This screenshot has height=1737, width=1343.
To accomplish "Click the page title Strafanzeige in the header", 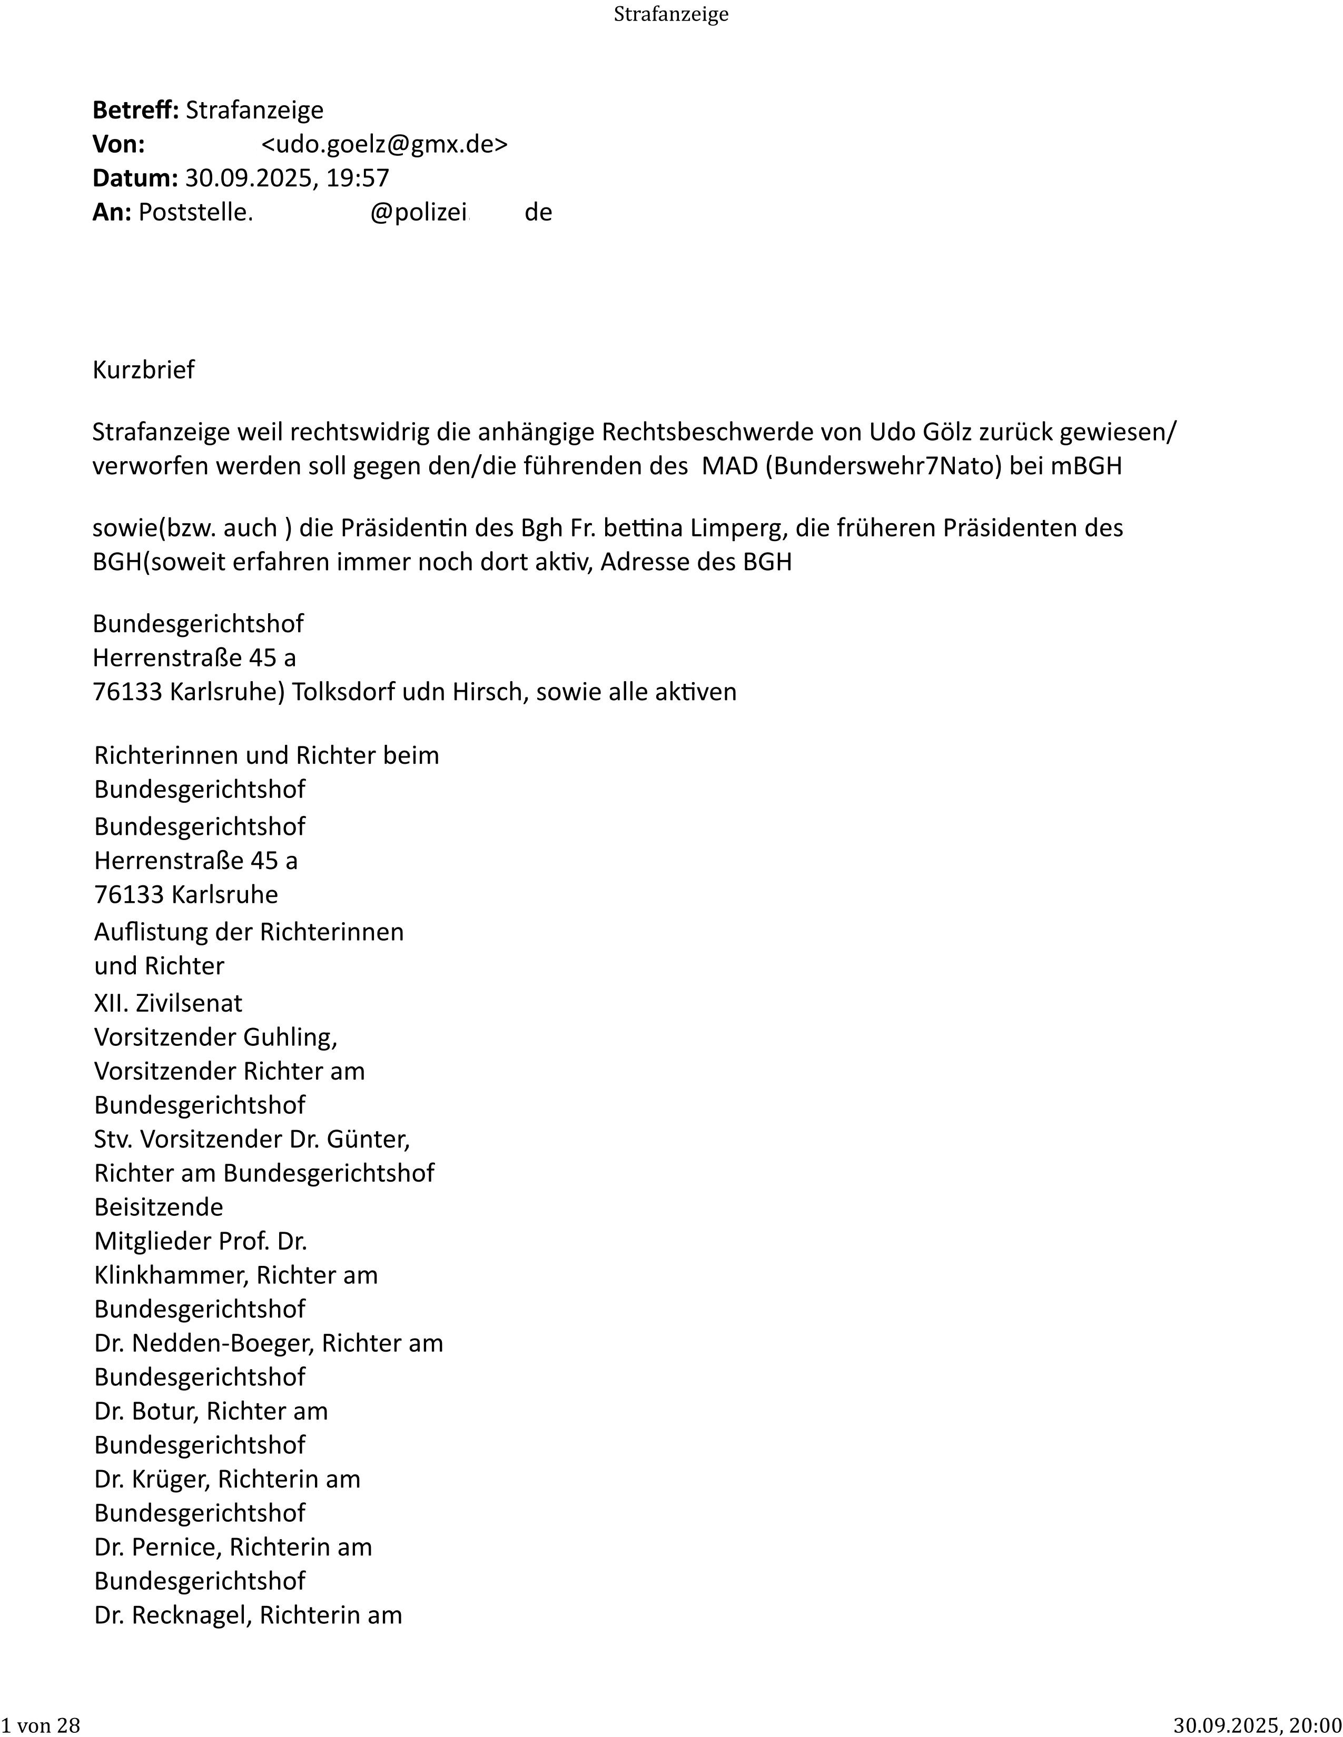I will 670,14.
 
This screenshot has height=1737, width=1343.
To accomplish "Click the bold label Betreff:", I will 136,110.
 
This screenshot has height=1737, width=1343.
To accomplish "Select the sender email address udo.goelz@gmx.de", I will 384,144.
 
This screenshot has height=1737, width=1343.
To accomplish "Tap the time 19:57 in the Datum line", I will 357,177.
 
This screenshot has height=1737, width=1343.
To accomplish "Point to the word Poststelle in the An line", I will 194,212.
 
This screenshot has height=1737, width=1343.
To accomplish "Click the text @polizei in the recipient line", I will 419,212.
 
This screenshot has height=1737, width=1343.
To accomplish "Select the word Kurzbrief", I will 143,370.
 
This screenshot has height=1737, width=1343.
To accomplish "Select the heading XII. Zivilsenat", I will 168,1003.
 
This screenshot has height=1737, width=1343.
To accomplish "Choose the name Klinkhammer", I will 171,1275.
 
